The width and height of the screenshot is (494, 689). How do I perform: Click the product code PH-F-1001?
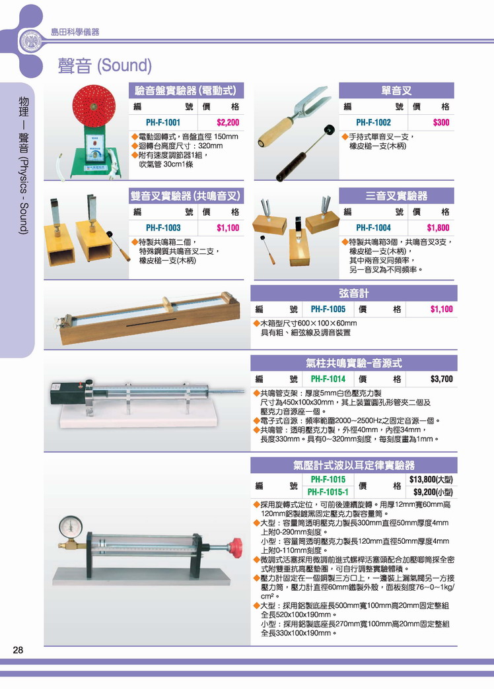(x=162, y=123)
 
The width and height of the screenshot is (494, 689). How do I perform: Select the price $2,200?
(x=228, y=123)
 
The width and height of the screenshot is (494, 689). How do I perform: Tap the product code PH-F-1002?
(x=373, y=123)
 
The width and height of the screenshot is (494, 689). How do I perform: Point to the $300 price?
(x=441, y=123)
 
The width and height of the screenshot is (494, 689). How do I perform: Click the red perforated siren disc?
(x=94, y=106)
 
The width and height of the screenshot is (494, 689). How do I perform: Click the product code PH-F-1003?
(x=162, y=228)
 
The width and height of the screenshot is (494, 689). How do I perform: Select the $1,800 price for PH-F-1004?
(x=438, y=228)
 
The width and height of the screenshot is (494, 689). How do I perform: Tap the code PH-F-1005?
(x=328, y=310)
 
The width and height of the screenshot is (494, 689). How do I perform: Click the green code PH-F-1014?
(x=328, y=379)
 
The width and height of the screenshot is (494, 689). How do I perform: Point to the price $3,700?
(x=441, y=379)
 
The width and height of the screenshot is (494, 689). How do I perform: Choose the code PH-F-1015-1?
(x=328, y=492)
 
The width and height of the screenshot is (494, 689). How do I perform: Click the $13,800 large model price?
(x=431, y=479)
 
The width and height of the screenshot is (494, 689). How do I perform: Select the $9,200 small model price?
(x=433, y=492)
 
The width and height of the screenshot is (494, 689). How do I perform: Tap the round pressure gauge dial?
(x=71, y=527)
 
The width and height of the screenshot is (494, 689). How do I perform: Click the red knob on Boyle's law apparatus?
(x=236, y=548)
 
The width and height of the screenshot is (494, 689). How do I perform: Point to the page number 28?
(x=18, y=650)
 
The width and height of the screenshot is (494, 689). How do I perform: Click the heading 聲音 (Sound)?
(x=105, y=66)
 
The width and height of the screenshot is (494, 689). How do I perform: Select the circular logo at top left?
(x=30, y=42)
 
